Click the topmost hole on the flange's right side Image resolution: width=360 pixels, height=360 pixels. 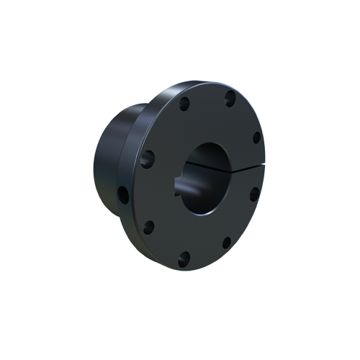[230, 99]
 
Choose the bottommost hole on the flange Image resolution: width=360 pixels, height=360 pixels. [184, 256]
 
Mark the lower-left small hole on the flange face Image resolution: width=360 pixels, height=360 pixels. [149, 228]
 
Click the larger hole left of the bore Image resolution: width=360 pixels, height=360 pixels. [149, 158]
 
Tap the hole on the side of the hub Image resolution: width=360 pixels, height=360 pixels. [123, 194]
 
